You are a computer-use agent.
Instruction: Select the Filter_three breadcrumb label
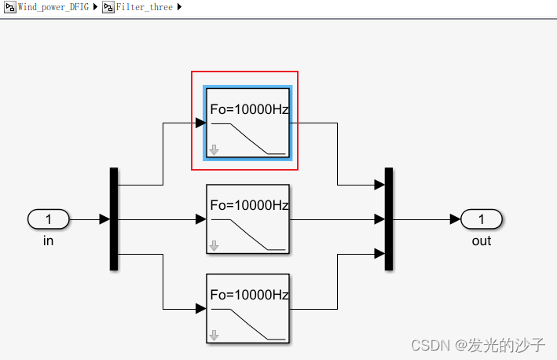pos(145,7)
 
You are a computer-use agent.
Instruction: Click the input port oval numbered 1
pos(48,219)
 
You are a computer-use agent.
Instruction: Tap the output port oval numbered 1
pos(482,219)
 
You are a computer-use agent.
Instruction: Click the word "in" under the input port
pos(48,241)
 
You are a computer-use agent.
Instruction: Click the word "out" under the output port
pos(482,241)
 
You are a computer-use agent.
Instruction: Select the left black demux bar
pos(114,219)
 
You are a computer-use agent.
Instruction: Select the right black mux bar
pos(388,219)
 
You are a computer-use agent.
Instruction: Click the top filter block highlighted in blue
pos(247,123)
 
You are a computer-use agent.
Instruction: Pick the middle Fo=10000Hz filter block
pos(247,219)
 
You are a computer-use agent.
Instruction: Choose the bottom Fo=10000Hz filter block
pos(247,308)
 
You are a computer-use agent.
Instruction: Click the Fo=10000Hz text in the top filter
pos(249,110)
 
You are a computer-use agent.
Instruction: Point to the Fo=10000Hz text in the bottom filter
pos(249,296)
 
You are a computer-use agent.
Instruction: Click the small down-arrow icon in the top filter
pos(214,149)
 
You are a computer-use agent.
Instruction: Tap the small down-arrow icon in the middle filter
pos(214,245)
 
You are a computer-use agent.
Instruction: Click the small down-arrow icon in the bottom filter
pos(214,335)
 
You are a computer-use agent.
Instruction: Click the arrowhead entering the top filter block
pos(200,123)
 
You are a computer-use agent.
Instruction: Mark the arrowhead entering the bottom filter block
pos(200,308)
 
